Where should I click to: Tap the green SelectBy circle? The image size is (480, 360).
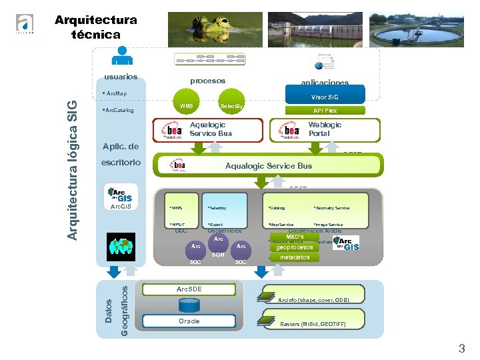pyautogui.click(x=232, y=106)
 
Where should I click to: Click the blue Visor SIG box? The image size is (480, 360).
pyautogui.click(x=325, y=97)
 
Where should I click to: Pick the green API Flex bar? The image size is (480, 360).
pyautogui.click(x=325, y=111)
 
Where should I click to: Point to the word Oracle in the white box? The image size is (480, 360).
pyautogui.click(x=189, y=321)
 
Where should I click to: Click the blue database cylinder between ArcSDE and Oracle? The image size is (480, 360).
pyautogui.click(x=189, y=305)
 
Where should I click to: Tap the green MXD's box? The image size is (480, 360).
pyautogui.click(x=295, y=237)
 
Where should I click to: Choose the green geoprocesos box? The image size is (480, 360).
pyautogui.click(x=295, y=247)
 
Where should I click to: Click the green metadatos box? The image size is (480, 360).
pyautogui.click(x=295, y=257)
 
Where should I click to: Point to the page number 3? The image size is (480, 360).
pyautogui.click(x=461, y=348)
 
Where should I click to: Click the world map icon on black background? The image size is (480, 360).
pyautogui.click(x=121, y=245)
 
